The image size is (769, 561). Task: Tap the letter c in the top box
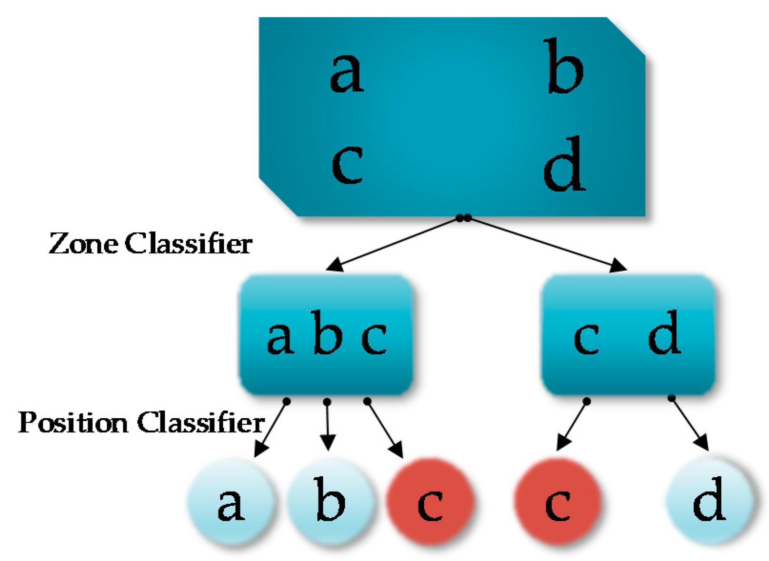(x=347, y=165)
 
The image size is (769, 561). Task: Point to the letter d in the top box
(x=565, y=164)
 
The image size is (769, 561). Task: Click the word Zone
(x=83, y=244)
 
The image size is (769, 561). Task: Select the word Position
(x=73, y=422)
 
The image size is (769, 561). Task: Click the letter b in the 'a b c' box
(x=327, y=333)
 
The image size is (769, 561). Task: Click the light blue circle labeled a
(x=231, y=502)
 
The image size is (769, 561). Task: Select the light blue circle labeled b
(x=330, y=502)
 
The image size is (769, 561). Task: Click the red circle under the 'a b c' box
(x=430, y=502)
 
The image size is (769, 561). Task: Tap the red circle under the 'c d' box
(x=558, y=502)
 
